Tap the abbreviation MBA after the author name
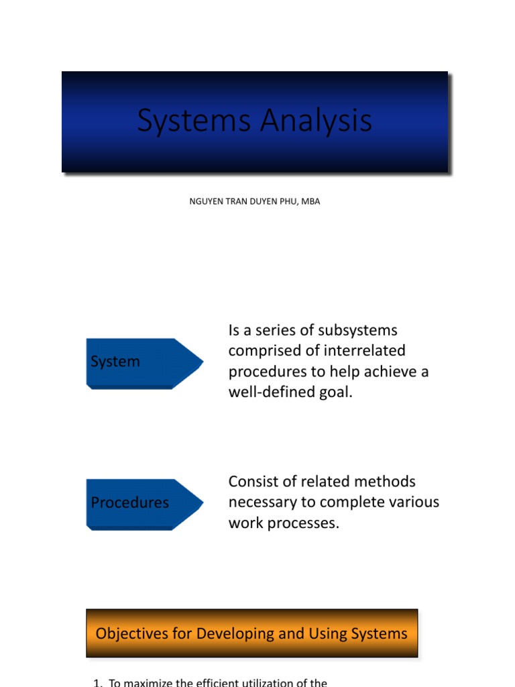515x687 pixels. pos(310,201)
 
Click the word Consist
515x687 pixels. pos(253,482)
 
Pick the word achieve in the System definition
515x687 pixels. pos(386,372)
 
